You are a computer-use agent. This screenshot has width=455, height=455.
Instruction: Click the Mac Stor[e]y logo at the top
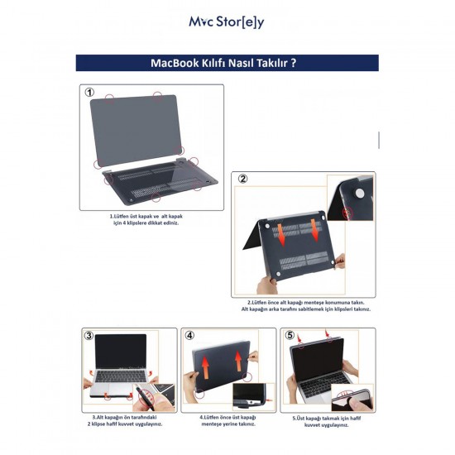tap(227, 22)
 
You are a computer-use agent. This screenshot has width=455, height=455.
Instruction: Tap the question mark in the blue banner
tap(294, 63)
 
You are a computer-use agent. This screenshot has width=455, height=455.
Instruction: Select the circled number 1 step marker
tap(89, 93)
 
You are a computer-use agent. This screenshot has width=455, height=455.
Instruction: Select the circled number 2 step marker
tap(243, 179)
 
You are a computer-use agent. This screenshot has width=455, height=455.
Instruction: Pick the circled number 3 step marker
tap(89, 335)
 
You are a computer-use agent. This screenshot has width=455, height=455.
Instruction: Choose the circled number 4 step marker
tap(189, 335)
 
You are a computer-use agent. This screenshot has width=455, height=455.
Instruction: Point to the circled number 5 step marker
tap(290, 335)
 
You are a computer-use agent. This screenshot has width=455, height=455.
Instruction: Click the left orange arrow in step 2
tap(281, 235)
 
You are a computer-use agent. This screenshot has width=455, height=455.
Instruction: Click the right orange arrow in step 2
tap(315, 231)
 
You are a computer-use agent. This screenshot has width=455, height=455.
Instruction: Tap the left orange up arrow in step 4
tap(205, 367)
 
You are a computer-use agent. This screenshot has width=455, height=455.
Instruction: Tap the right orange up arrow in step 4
tap(238, 362)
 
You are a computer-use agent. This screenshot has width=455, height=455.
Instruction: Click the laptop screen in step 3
tap(121, 351)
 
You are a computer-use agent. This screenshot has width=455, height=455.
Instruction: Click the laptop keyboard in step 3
tap(121, 376)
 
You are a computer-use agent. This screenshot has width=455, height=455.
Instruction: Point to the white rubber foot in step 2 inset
tap(359, 194)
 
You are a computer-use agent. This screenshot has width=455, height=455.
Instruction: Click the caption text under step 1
tap(146, 220)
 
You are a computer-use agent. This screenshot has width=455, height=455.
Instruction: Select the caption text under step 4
tap(228, 420)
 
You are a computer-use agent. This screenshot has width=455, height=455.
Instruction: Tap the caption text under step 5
tap(327, 422)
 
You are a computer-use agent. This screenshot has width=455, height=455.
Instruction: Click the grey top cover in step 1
tap(136, 131)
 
